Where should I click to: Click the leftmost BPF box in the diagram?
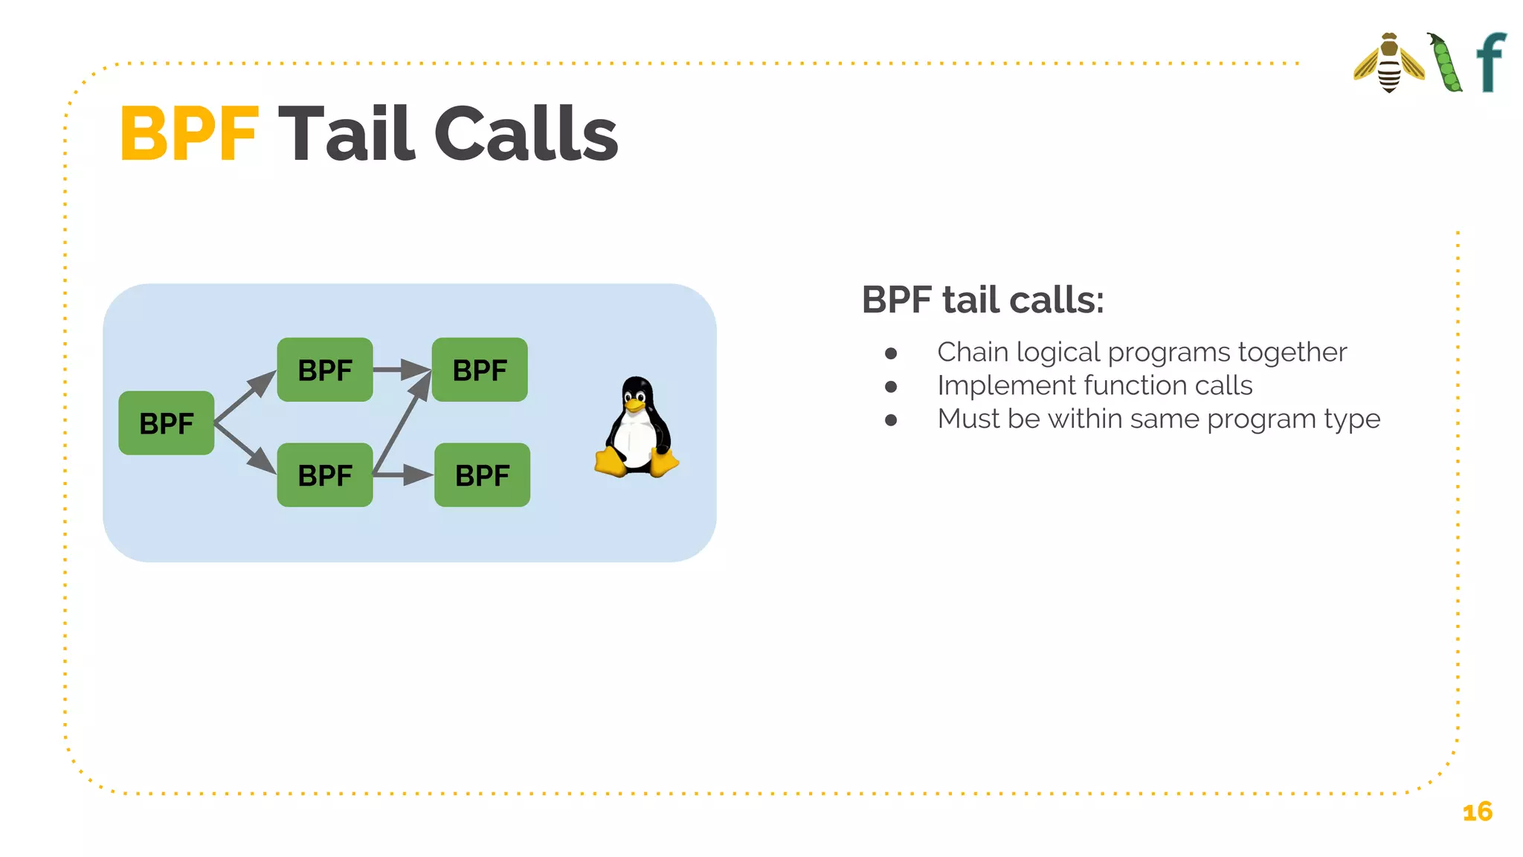(x=167, y=423)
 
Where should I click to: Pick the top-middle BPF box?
(x=325, y=370)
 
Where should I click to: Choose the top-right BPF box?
(x=480, y=370)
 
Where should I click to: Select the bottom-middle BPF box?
(x=325, y=475)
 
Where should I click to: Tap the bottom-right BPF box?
(x=482, y=475)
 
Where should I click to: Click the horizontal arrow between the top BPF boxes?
(x=400, y=369)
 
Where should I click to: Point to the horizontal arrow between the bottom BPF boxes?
(x=402, y=475)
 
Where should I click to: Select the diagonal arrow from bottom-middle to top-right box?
(x=402, y=423)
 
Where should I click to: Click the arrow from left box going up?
(x=244, y=397)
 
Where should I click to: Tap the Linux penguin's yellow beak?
(x=634, y=405)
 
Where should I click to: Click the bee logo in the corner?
(x=1388, y=63)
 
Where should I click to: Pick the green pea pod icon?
(x=1445, y=64)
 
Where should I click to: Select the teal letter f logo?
(x=1491, y=62)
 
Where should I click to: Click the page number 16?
(x=1477, y=812)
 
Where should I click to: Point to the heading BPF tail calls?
(x=982, y=300)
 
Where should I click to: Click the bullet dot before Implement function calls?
(x=891, y=387)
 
